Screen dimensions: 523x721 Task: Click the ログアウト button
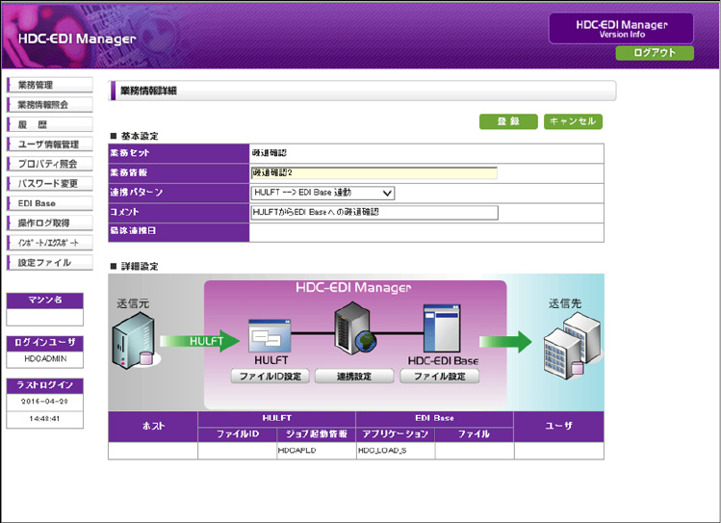[x=654, y=53]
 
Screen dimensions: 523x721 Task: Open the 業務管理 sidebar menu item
[x=49, y=85]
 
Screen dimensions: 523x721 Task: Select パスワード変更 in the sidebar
[x=49, y=183]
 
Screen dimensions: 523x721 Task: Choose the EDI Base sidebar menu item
[x=49, y=203]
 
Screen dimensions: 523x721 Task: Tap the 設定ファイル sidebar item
[x=49, y=262]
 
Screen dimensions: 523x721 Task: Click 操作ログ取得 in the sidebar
[x=49, y=222]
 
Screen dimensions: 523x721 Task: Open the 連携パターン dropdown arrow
[x=387, y=193]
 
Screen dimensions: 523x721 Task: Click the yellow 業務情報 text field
[x=373, y=173]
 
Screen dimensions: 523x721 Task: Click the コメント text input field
[x=373, y=212]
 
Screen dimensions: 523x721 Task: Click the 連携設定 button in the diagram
[x=342, y=377]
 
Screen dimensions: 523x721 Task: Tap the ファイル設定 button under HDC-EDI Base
[x=439, y=377]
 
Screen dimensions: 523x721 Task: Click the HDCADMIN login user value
[x=44, y=358]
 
